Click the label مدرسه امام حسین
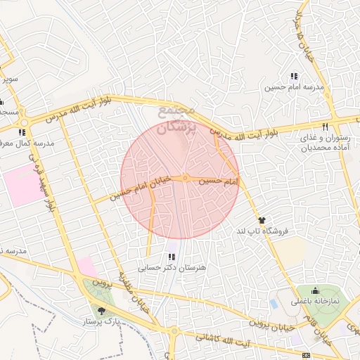pos(294,88)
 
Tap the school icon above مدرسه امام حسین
pos(294,77)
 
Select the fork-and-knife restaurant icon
pos(324,127)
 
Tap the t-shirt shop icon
pos(262,220)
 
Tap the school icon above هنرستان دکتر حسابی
pos(172,257)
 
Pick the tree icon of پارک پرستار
pos(102,310)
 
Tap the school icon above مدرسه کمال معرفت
pos(22,131)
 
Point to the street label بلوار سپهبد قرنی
pos(43,179)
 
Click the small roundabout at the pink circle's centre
pos(184,179)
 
